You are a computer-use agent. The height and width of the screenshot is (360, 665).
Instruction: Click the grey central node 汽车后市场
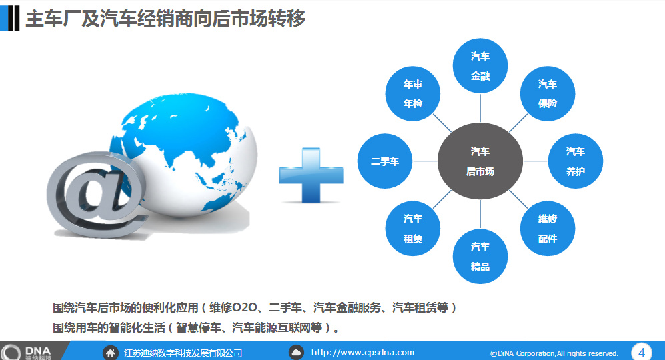click(480, 161)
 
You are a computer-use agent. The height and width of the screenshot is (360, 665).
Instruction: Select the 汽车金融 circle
click(480, 66)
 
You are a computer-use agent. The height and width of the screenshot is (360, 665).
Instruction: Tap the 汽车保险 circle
click(548, 94)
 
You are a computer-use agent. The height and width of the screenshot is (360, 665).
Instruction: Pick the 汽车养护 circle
click(576, 161)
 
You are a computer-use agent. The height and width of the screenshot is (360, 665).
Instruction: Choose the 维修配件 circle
click(548, 229)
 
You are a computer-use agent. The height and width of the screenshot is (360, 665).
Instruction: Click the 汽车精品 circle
click(480, 257)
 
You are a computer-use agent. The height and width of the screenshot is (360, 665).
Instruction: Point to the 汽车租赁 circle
click(413, 229)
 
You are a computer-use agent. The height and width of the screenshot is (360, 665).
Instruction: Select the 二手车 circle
click(385, 161)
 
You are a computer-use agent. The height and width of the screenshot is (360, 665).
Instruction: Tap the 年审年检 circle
click(413, 94)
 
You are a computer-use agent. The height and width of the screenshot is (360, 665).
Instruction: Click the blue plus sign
click(311, 175)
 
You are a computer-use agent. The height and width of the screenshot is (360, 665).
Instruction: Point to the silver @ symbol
click(97, 194)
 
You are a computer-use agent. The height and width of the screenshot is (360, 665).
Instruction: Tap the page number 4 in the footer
click(641, 353)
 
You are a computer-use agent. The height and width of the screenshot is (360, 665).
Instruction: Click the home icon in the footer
click(110, 353)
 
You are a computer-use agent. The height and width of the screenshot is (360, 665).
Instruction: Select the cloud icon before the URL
click(296, 353)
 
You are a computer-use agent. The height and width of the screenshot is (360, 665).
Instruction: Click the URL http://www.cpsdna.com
click(363, 353)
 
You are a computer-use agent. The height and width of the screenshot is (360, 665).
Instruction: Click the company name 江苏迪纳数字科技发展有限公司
click(183, 353)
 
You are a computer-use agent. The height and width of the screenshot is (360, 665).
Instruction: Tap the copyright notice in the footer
click(554, 353)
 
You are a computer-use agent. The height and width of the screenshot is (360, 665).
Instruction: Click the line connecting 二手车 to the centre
click(425, 161)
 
